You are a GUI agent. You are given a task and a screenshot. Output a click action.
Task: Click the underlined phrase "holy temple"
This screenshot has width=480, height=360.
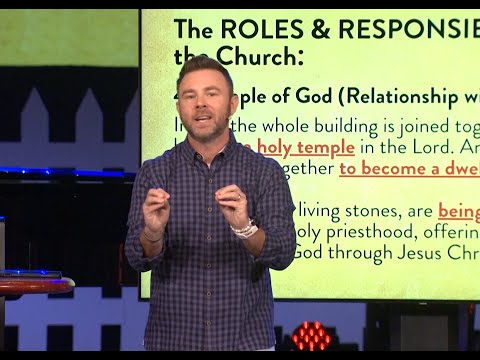pyautogui.click(x=305, y=147)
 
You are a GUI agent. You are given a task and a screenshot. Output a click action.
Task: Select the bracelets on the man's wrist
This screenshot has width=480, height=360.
pyautogui.click(x=245, y=229)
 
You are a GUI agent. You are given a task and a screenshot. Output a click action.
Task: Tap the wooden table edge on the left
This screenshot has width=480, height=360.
pyautogui.click(x=36, y=286)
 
